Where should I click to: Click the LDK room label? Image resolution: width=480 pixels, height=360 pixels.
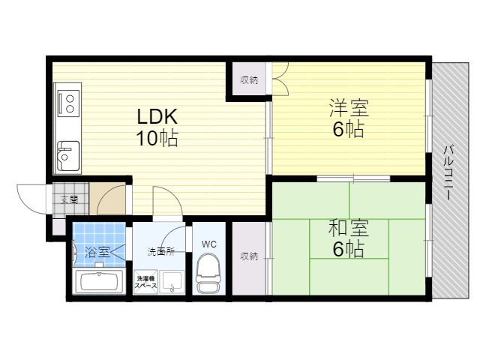click(x=157, y=116)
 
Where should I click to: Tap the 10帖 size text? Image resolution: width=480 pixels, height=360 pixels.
click(x=157, y=138)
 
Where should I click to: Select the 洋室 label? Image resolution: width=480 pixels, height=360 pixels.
click(x=349, y=108)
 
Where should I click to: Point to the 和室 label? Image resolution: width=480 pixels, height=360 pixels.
click(x=348, y=228)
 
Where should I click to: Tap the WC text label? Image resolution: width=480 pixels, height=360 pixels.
click(x=209, y=244)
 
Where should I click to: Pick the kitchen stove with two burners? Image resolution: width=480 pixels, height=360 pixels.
click(x=67, y=103)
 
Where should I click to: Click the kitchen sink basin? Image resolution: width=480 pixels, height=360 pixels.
click(x=68, y=156)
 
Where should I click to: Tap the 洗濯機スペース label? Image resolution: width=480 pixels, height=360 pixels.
click(x=146, y=282)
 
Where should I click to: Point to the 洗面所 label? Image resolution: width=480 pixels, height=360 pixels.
click(x=161, y=252)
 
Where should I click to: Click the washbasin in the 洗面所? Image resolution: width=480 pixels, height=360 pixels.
click(x=172, y=282)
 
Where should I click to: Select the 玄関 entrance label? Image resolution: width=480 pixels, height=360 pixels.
click(x=69, y=200)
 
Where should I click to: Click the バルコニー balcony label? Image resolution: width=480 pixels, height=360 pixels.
click(x=448, y=173)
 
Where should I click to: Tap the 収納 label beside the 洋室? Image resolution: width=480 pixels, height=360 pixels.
click(x=249, y=80)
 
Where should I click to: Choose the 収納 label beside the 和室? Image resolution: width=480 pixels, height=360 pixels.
click(x=249, y=256)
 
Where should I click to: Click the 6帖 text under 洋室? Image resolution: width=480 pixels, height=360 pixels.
click(x=348, y=129)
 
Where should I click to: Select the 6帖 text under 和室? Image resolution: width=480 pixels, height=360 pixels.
click(x=348, y=249)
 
